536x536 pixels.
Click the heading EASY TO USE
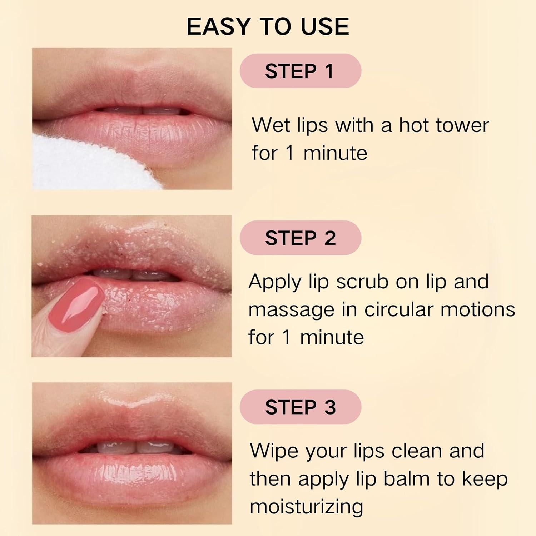coord(268,27)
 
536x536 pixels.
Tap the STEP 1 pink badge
coord(300,71)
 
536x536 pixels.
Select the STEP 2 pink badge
coord(300,238)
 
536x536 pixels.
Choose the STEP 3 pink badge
coord(300,407)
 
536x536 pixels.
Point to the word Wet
coord(272,125)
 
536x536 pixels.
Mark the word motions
coord(477,309)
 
